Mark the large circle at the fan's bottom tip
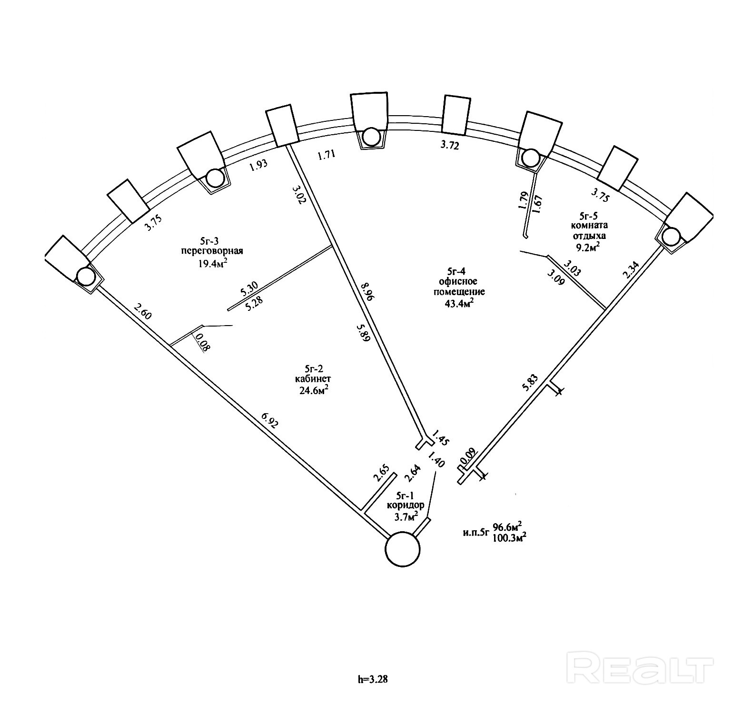pos(402,549)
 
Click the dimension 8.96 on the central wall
pos(367,292)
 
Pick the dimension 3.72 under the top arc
pos(449,146)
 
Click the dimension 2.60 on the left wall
pos(142,312)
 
